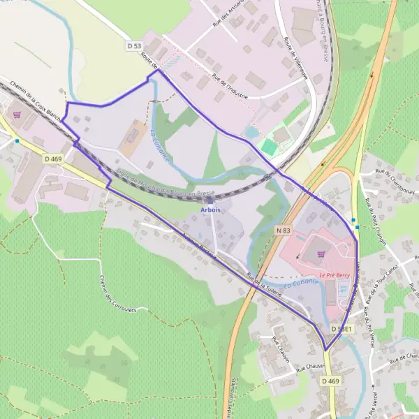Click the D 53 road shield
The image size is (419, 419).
click(x=135, y=45)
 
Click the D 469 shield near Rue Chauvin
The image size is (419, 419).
click(x=331, y=381)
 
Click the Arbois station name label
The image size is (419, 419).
click(x=210, y=209)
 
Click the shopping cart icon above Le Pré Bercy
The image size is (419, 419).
click(x=321, y=256)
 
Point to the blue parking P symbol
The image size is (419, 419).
click(x=351, y=308)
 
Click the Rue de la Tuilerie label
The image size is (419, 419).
click(x=264, y=284)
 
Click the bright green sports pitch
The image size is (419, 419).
click(x=269, y=147)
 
